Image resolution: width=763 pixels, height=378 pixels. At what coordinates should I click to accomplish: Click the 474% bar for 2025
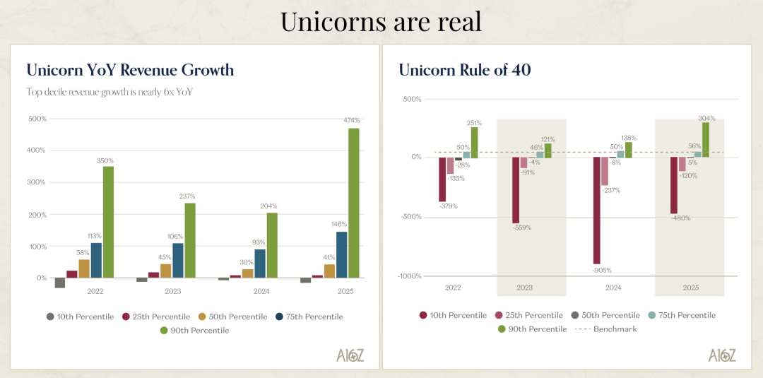353,203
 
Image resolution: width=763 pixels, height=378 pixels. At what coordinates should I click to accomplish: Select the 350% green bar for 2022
108,222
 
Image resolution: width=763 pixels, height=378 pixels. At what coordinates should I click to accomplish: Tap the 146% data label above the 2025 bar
341,225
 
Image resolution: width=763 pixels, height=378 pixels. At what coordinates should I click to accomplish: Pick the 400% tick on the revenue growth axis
37,150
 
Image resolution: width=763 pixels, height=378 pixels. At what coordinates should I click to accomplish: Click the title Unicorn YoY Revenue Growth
130,70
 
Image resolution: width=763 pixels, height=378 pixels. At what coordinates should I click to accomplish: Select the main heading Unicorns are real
381,21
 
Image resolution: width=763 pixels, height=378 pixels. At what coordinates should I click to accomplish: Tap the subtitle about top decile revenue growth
109,92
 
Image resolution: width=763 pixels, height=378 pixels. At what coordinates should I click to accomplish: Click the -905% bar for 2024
597,210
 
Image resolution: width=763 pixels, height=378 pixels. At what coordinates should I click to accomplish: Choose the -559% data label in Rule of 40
523,228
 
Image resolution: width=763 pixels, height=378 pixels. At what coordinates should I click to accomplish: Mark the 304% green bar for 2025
705,140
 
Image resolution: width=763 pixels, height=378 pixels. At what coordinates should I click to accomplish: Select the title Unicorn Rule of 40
465,70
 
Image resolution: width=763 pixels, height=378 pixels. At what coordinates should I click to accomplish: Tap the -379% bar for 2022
442,179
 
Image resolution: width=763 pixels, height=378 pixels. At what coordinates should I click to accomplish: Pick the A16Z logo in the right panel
723,355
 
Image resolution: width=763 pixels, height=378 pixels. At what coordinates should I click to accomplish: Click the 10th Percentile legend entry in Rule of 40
452,315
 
